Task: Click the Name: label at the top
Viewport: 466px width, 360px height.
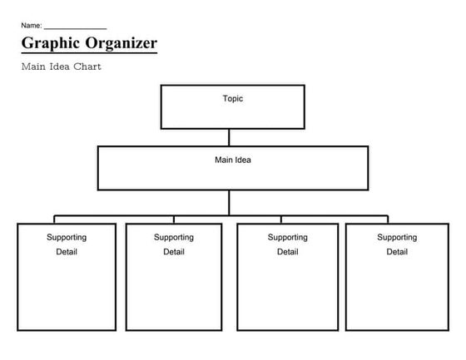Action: point(32,26)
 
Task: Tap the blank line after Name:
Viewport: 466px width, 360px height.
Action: point(75,28)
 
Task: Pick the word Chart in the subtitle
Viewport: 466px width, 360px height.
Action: point(89,67)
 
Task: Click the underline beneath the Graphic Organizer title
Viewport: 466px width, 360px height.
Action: point(89,54)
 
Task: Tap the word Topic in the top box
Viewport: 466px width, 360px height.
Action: point(233,98)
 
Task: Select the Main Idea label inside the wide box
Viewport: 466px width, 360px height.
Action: point(233,160)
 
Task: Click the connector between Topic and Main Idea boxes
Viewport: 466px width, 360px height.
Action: point(230,137)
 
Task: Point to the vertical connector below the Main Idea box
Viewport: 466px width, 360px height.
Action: point(230,202)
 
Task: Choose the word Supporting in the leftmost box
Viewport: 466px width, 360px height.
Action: point(67,237)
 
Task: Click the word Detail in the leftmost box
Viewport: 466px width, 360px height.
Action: point(67,252)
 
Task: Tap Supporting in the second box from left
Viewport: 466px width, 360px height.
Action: point(174,237)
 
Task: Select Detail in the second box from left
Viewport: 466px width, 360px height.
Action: point(174,252)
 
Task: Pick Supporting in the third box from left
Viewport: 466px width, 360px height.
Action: point(288,237)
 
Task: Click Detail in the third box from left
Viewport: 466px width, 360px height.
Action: point(288,252)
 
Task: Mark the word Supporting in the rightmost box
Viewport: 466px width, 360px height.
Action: point(397,237)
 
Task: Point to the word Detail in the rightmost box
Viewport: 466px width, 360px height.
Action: point(397,252)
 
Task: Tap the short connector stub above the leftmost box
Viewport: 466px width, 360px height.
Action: point(55,219)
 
